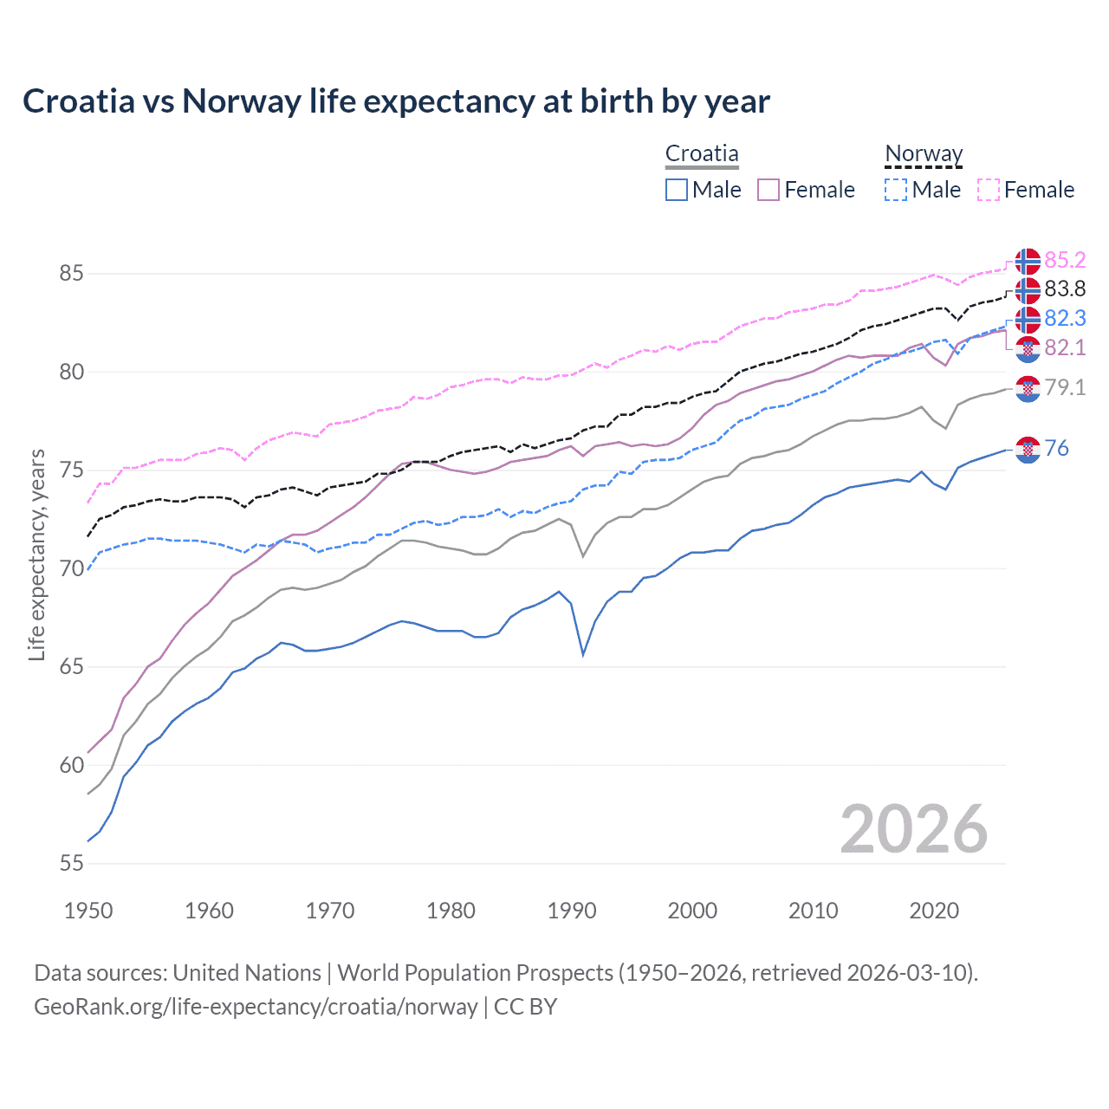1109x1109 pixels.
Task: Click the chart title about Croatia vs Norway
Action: click(396, 101)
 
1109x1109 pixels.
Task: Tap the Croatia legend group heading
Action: click(702, 153)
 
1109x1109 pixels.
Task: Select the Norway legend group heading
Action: click(924, 153)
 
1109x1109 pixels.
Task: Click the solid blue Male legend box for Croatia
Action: click(677, 190)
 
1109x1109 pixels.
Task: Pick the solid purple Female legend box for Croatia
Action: click(769, 190)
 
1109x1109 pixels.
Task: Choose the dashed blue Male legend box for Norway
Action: click(896, 190)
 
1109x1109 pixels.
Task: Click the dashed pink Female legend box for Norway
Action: click(989, 190)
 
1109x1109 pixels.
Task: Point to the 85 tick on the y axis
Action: click(71, 274)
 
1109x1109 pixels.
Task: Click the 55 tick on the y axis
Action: click(71, 864)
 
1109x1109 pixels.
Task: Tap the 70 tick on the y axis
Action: click(71, 569)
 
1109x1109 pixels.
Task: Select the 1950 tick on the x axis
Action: click(88, 911)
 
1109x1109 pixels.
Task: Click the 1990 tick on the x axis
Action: click(572, 911)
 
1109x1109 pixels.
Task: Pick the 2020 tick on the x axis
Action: click(934, 911)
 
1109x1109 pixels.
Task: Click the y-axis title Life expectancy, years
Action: click(37, 554)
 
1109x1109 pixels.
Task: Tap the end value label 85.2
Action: click(1065, 260)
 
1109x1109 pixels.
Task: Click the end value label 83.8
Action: click(1065, 289)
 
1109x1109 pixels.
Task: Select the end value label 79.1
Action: click(1065, 387)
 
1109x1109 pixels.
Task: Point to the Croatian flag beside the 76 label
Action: click(1028, 449)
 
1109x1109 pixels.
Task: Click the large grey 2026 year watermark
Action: click(914, 829)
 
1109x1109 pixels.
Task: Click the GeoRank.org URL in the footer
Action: click(256, 1007)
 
